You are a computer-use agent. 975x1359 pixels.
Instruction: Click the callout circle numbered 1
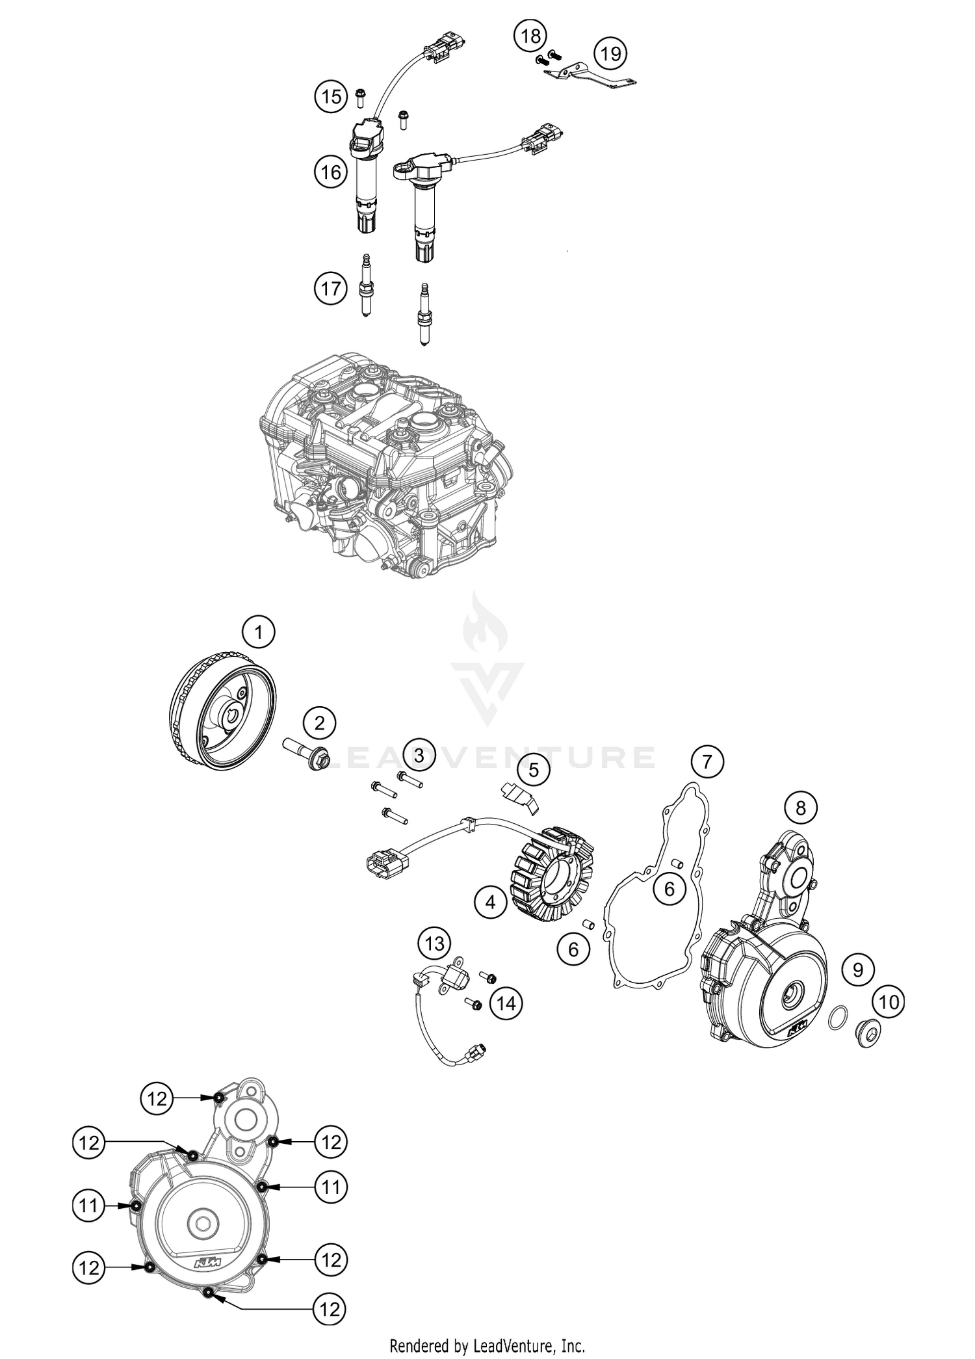pyautogui.click(x=259, y=632)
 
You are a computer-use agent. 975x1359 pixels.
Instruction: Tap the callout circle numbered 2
pyautogui.click(x=319, y=723)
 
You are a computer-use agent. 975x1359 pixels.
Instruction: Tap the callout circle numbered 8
pyautogui.click(x=801, y=808)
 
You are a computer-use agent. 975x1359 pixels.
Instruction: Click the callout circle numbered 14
pyautogui.click(x=506, y=1003)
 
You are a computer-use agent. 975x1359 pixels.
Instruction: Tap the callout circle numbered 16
pyautogui.click(x=331, y=172)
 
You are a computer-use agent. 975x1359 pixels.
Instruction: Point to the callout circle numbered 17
pyautogui.click(x=331, y=287)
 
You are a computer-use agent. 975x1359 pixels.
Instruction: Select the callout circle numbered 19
pyautogui.click(x=610, y=53)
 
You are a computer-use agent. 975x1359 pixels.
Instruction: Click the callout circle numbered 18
pyautogui.click(x=530, y=36)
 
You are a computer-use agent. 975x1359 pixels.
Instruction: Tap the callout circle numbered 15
pyautogui.click(x=331, y=97)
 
